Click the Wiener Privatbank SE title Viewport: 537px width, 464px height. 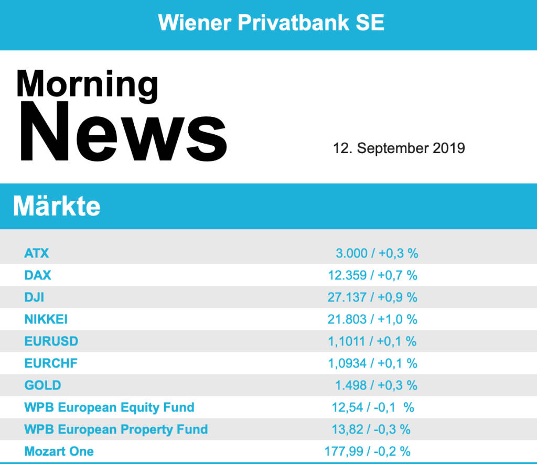(271, 23)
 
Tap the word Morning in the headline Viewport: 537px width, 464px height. (87, 84)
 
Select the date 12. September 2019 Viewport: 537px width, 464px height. (399, 148)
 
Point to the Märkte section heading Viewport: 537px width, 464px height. (57, 207)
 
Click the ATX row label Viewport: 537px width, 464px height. (37, 253)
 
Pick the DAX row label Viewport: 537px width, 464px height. (38, 275)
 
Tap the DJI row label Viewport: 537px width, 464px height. (34, 297)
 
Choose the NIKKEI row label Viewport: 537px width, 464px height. (46, 319)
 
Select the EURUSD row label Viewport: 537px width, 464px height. (51, 341)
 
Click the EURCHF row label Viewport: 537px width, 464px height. (51, 363)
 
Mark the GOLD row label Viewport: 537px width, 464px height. (42, 385)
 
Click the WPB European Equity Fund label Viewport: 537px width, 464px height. (109, 407)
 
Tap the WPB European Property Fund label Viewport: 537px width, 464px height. (116, 429)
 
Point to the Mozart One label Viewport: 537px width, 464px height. (59, 451)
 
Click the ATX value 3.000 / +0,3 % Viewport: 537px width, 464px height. (377, 253)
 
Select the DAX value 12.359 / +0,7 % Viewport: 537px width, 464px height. (372, 275)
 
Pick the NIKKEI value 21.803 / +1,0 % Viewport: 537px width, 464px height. (372, 319)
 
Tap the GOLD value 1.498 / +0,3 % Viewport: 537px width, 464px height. (376, 385)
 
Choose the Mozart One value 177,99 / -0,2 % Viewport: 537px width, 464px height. (368, 451)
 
